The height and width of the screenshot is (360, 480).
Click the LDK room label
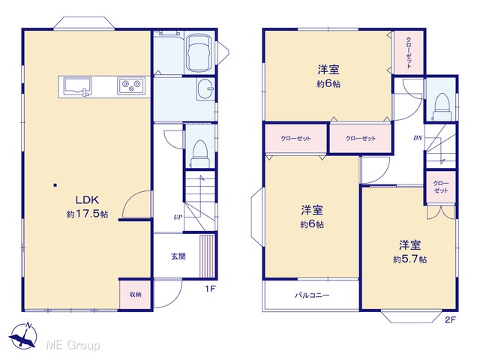tap(87, 200)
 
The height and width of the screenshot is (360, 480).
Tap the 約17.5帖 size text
tap(87, 214)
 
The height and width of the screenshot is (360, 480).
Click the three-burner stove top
tap(131, 85)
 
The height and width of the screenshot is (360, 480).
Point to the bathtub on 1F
tap(199, 52)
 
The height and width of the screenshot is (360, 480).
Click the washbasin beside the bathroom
tap(205, 89)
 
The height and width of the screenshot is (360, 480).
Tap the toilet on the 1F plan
tap(200, 154)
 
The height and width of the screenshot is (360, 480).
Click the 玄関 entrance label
tap(178, 256)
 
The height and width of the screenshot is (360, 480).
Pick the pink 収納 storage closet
tap(135, 295)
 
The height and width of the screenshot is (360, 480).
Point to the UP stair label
tap(178, 217)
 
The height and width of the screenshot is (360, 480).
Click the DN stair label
tap(418, 138)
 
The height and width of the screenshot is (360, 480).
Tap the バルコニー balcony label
tap(312, 295)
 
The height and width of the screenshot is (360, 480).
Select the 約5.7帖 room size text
tap(410, 259)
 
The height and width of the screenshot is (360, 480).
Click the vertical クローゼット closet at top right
tap(409, 52)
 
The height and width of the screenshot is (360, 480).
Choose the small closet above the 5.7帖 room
tap(441, 187)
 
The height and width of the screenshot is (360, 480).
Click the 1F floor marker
tap(210, 289)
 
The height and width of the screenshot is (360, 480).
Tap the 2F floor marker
tap(450, 319)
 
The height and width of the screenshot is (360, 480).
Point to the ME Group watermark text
tap(73, 345)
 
